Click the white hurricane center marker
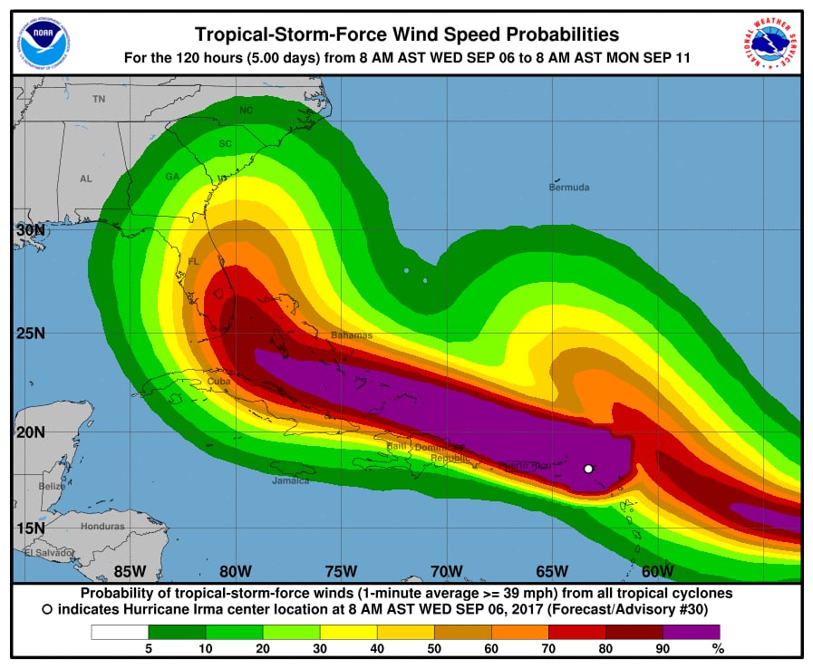[588, 469]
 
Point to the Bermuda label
[569, 188]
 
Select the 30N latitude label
[30, 229]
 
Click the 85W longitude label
[131, 571]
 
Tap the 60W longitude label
[657, 571]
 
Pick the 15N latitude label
[30, 528]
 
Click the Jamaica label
[290, 480]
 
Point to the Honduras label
[102, 526]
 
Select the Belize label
[52, 487]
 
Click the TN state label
[99, 98]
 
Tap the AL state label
[86, 179]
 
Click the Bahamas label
[351, 335]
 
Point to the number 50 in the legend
[434, 648]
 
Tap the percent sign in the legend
[718, 648]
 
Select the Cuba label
[219, 382]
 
